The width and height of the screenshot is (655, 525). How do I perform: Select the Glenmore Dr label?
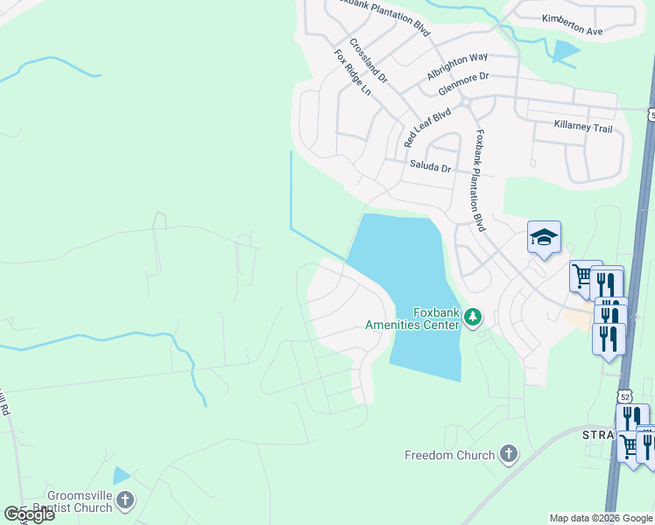coord(463,82)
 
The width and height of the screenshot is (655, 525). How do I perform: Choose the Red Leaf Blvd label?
coord(426,127)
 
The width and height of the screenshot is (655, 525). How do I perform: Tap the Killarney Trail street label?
coord(583,128)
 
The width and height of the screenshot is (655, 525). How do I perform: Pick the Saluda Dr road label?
coord(429,166)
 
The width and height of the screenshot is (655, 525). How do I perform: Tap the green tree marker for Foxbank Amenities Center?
coord(473,316)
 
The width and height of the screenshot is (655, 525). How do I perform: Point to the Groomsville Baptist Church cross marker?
coord(125,500)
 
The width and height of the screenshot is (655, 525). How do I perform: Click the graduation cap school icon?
coord(544,237)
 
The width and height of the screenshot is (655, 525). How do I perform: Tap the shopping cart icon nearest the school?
coord(582,276)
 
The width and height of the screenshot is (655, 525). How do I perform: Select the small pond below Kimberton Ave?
coord(565,52)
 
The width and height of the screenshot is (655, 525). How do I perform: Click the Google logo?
coord(30,514)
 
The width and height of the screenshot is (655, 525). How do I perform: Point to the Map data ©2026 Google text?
coord(601,518)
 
